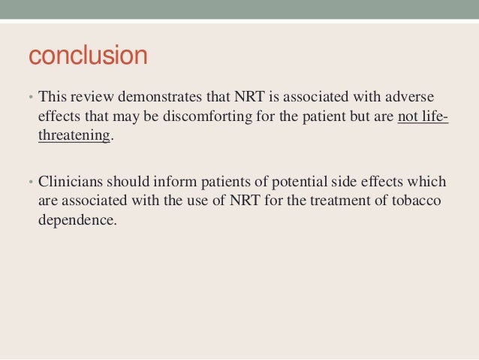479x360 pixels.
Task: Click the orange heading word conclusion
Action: coord(87,56)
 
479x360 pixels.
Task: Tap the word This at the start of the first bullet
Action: coord(52,98)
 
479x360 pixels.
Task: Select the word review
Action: coord(91,98)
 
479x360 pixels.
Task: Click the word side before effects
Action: coord(339,183)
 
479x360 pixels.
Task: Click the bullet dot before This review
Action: coord(31,98)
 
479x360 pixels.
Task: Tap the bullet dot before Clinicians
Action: coord(31,183)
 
